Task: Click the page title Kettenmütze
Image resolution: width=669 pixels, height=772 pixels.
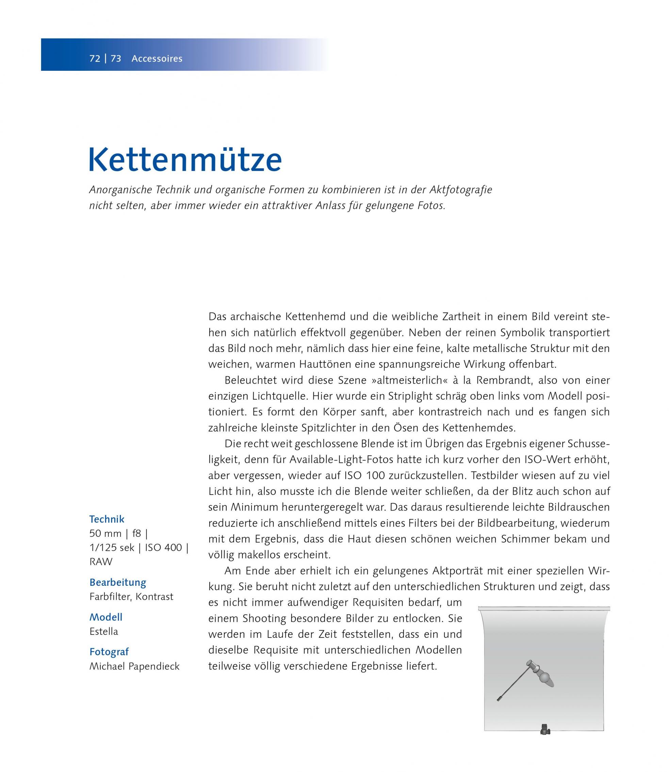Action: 185,160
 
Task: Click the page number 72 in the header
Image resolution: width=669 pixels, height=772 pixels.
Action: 95,59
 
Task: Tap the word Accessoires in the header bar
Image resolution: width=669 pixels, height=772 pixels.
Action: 157,59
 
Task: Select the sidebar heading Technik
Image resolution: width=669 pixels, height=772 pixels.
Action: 107,519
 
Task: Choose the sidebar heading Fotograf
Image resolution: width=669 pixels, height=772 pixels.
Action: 109,652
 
